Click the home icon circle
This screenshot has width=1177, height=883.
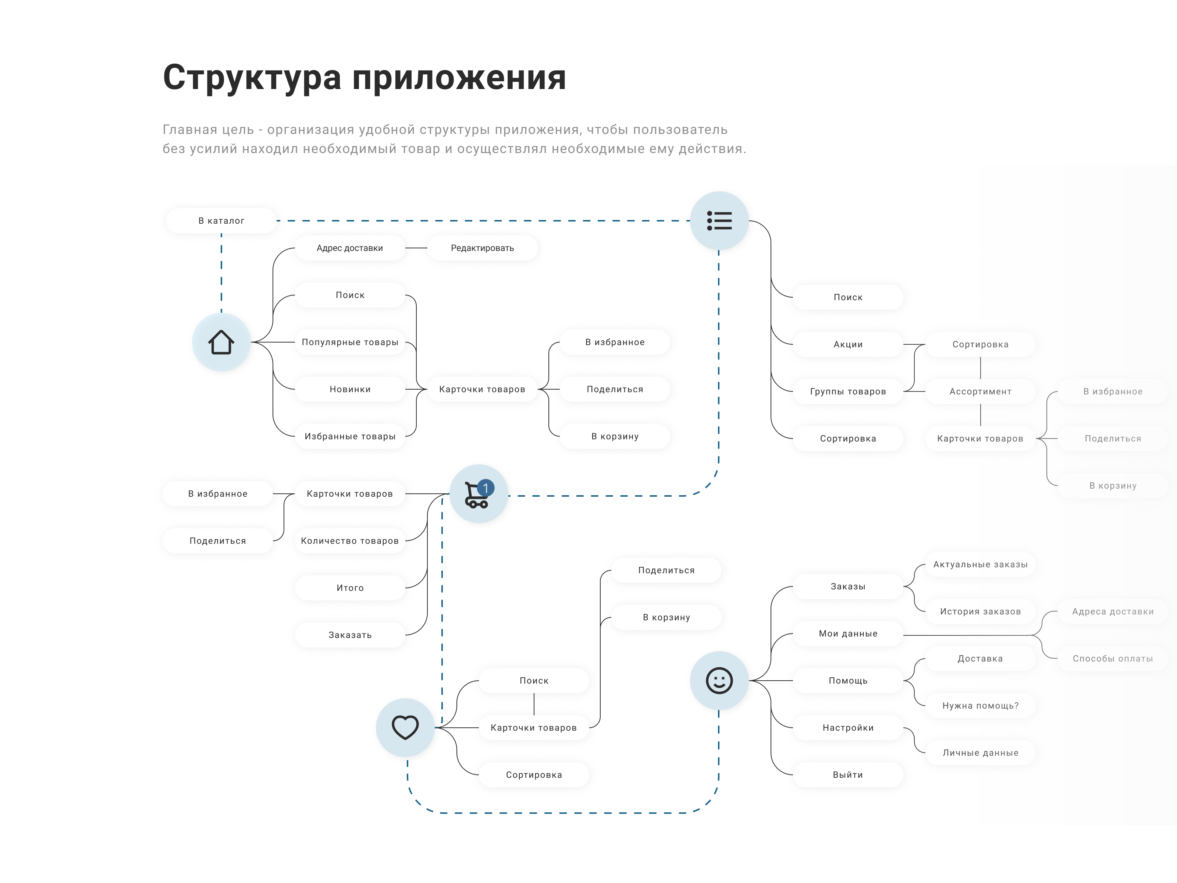221,342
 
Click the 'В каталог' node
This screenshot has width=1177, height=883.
221,220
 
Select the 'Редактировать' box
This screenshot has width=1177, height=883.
482,248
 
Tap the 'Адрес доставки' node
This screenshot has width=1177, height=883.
349,248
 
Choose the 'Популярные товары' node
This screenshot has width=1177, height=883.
349,342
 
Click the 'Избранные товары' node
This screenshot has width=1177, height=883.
349,436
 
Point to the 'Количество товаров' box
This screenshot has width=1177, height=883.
349,541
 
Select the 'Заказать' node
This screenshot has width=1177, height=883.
349,635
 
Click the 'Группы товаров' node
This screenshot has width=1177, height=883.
848,391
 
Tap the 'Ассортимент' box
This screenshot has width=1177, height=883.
980,391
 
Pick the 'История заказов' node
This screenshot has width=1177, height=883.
980,611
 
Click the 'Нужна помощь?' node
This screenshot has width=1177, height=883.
980,706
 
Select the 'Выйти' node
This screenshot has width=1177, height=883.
848,775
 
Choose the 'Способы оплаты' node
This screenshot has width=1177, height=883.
1113,659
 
